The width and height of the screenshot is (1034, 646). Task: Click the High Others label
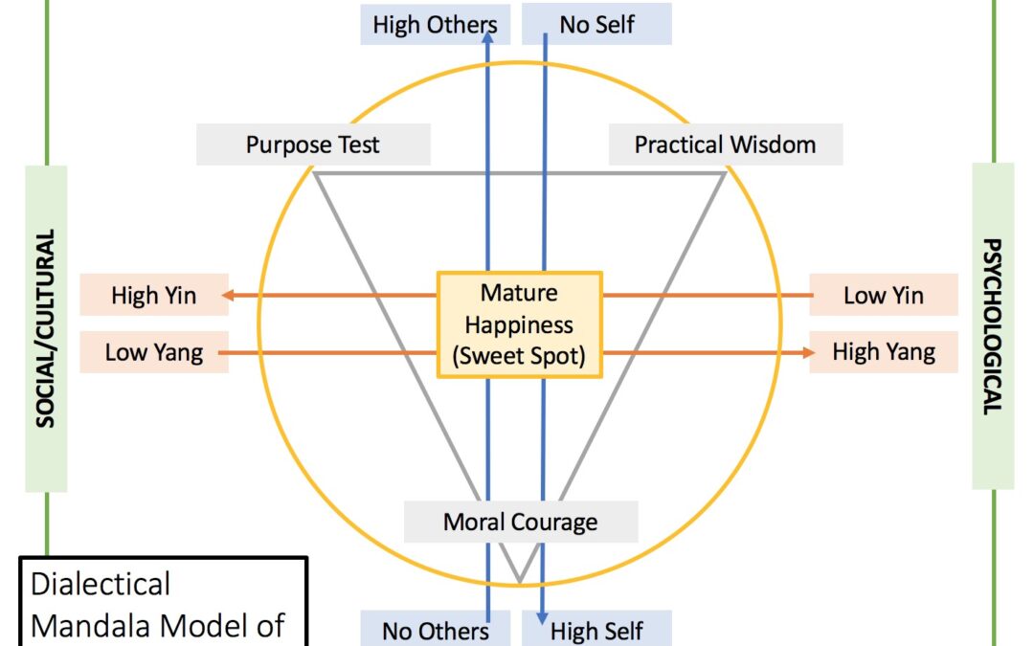[435, 24]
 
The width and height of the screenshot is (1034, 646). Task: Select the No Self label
[596, 24]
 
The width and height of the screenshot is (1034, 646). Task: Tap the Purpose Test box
[313, 145]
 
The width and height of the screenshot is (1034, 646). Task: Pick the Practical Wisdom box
[726, 145]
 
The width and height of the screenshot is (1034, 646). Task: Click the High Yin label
[154, 295]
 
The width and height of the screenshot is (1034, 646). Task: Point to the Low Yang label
[154, 352]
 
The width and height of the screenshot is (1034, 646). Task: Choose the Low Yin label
[883, 295]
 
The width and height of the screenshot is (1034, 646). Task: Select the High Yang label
[883, 352]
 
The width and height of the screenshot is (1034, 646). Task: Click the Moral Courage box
[520, 522]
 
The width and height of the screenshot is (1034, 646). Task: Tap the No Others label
[435, 631]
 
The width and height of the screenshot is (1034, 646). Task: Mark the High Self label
[596, 631]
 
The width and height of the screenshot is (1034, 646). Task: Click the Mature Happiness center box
[519, 323]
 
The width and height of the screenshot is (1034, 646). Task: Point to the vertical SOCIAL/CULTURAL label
[46, 328]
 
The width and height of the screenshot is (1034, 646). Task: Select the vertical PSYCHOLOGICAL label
[992, 326]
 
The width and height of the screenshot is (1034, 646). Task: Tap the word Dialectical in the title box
[101, 584]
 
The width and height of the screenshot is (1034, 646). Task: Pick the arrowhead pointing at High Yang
[804, 353]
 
